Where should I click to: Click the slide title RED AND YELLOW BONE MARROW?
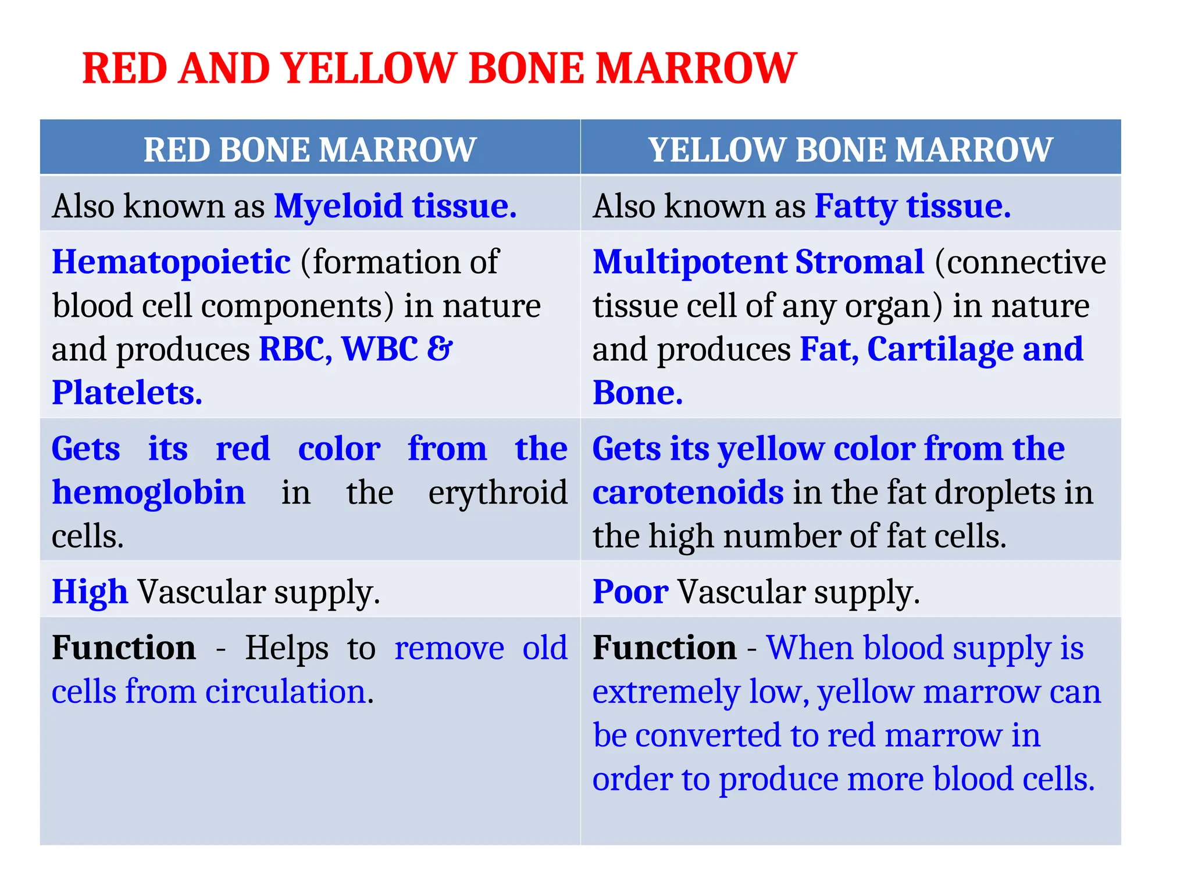pos(439,69)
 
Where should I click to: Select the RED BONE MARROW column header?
pos(310,149)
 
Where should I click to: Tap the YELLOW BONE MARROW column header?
pos(850,149)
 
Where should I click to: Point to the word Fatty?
pos(855,206)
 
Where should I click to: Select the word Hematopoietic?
pos(171,262)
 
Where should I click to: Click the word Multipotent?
pos(689,262)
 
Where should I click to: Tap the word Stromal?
pos(860,262)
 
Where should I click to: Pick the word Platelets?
pos(126,393)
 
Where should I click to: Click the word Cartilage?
pos(940,349)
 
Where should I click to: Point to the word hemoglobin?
pos(148,493)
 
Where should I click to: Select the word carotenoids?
pos(688,493)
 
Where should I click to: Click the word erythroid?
pos(498,493)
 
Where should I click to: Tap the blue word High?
pos(90,592)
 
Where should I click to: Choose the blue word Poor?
pos(630,592)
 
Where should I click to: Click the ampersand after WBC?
pos(440,349)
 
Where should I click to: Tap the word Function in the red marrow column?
pos(123,648)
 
